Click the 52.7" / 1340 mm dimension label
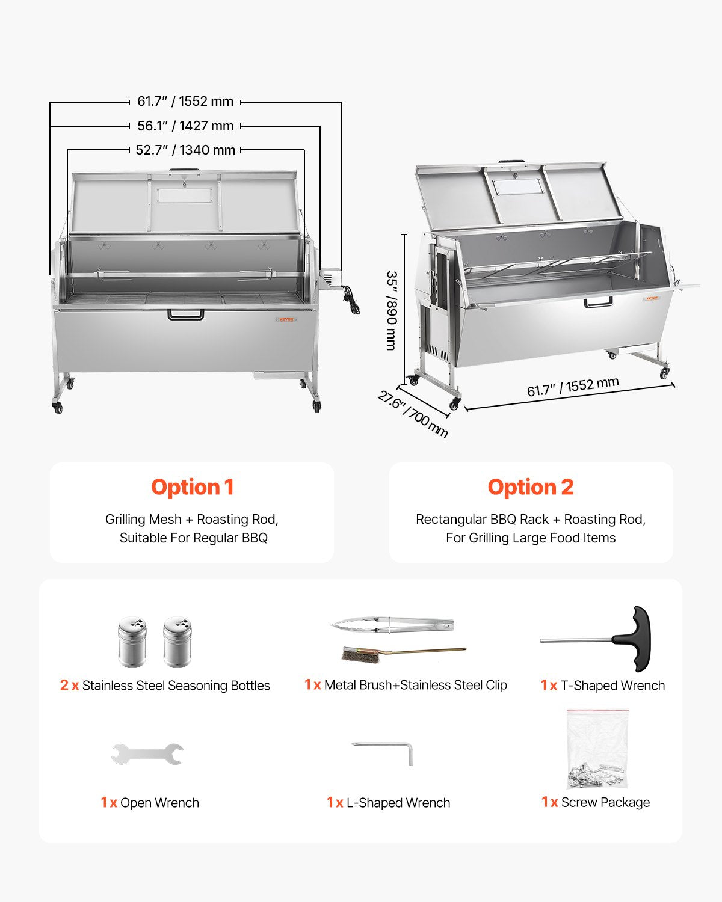point(185,150)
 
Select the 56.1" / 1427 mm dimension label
point(185,126)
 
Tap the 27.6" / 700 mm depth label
point(413,414)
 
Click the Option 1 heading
point(192,487)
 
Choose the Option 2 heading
point(530,487)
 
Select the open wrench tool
point(147,754)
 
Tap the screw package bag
point(597,750)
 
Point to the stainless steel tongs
point(392,625)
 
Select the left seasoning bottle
point(132,642)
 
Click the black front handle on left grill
point(185,314)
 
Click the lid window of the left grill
point(185,195)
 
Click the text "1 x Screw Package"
point(596,802)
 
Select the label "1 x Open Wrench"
point(150,803)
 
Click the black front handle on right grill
point(599,302)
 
